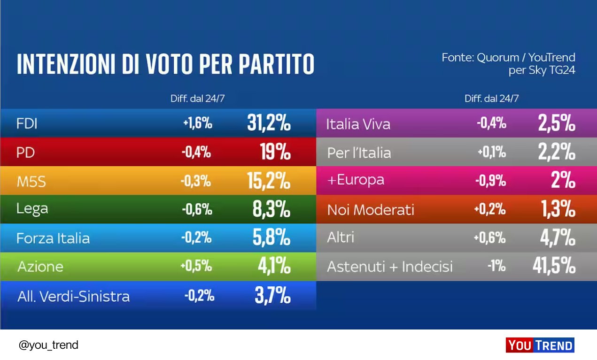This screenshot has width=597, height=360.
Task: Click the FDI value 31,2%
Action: [x=269, y=123]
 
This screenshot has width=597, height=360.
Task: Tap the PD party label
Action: [x=26, y=153]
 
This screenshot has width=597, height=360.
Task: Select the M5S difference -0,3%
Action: [x=196, y=181]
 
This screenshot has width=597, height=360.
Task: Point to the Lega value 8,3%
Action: [x=271, y=210]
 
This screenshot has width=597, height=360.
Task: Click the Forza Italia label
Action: [x=53, y=238]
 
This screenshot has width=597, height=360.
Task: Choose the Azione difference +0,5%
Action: [x=196, y=266]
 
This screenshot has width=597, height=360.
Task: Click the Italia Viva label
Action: [x=358, y=124]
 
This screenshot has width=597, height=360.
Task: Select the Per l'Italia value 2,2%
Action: [x=557, y=152]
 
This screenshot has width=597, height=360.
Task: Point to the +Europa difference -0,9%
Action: [x=491, y=180]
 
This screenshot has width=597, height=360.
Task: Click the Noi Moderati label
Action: [x=371, y=209]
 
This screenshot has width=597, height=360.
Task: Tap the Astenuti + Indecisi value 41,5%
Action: [x=554, y=266]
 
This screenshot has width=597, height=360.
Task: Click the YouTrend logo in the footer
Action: [x=540, y=345]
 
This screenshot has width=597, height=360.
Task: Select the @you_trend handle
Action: [x=48, y=345]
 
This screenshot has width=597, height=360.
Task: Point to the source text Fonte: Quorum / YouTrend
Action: [x=508, y=58]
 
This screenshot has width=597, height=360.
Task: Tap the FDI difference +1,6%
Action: [x=197, y=124]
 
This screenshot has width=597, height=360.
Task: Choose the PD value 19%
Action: [x=275, y=152]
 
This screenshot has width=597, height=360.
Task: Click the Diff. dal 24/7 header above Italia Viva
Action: [x=491, y=99]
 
